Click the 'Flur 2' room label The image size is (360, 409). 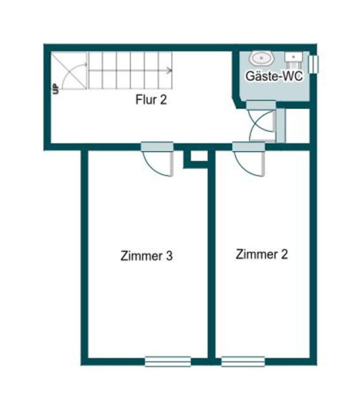(151, 100)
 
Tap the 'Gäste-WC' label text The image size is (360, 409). (274, 76)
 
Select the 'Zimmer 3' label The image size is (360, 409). (146, 256)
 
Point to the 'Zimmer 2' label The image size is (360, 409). (261, 254)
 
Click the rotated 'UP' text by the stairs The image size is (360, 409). (56, 89)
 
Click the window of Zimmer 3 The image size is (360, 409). (168, 361)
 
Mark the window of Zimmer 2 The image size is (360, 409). (243, 361)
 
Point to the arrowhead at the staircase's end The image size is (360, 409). (170, 70)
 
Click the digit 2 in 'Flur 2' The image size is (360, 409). (163, 100)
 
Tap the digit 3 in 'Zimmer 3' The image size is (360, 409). (168, 256)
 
